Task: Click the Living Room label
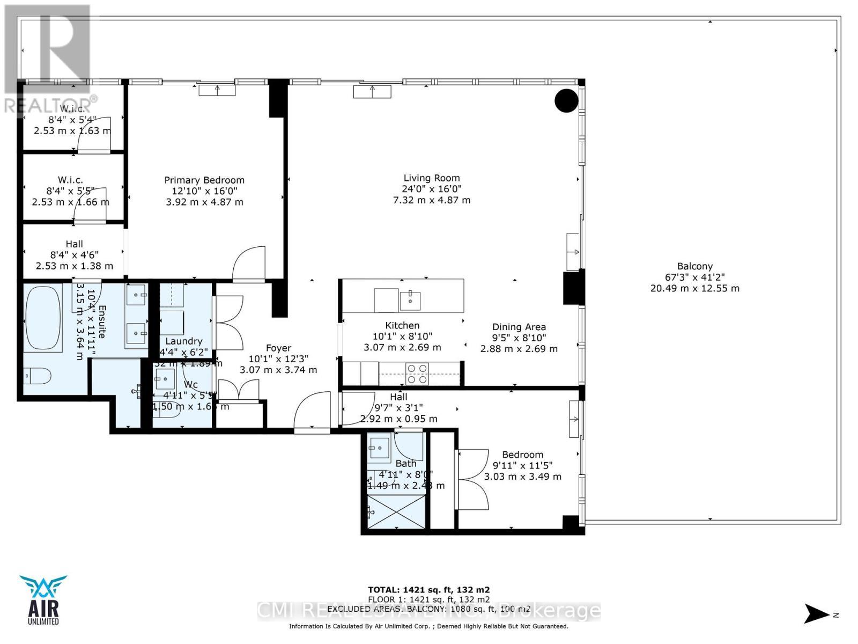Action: point(432,178)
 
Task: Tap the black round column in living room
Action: point(566,100)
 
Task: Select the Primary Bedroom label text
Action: point(204,180)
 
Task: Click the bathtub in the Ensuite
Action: point(43,319)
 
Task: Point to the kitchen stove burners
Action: point(417,374)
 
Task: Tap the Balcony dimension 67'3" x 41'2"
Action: point(694,277)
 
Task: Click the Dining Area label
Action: point(519,327)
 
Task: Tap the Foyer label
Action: point(278,348)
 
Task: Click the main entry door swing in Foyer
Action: point(313,411)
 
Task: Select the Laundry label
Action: point(183,341)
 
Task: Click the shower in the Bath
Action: point(396,512)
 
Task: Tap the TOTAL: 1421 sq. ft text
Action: point(428,589)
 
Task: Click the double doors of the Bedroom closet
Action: point(472,479)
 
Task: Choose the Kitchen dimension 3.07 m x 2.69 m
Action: point(402,347)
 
